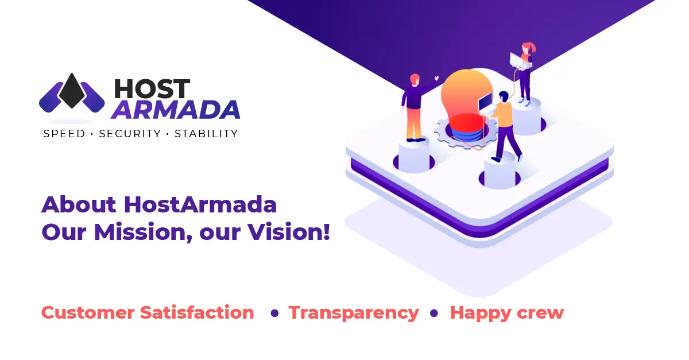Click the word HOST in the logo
(x=152, y=88)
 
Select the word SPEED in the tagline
(x=64, y=134)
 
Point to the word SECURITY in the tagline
(x=130, y=134)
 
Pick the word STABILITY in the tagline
(x=206, y=134)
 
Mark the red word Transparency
(x=354, y=313)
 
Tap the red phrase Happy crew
(x=507, y=313)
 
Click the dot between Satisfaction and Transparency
(x=274, y=313)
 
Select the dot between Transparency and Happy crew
(x=435, y=313)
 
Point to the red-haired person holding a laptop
(x=523, y=71)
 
